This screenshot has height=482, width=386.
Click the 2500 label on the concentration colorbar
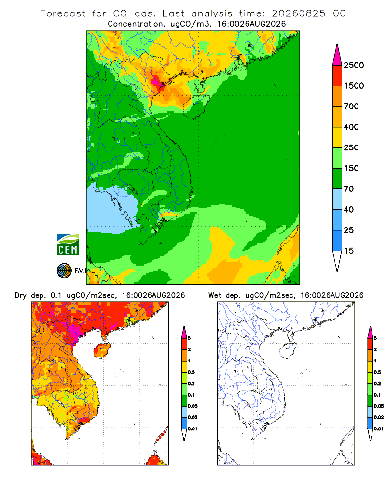click(x=354, y=65)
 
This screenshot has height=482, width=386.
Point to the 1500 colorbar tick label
click(x=354, y=86)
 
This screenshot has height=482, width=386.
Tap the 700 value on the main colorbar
click(x=351, y=107)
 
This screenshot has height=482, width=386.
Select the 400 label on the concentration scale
click(x=351, y=127)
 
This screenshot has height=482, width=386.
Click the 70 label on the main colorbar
click(x=349, y=189)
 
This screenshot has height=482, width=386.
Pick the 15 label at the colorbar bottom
click(x=349, y=251)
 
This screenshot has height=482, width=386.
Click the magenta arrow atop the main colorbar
click(x=337, y=55)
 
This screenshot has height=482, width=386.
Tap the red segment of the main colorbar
click(x=337, y=76)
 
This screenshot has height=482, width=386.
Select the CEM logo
click(x=68, y=245)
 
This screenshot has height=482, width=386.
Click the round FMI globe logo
click(x=64, y=271)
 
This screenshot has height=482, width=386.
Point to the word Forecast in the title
click(x=63, y=13)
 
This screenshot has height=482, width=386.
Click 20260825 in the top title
click(x=298, y=13)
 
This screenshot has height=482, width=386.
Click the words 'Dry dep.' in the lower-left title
click(x=30, y=296)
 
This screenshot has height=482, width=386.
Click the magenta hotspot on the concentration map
click(x=155, y=82)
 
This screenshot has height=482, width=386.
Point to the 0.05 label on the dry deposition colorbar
click(x=193, y=406)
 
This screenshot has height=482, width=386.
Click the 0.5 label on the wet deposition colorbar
click(x=377, y=372)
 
